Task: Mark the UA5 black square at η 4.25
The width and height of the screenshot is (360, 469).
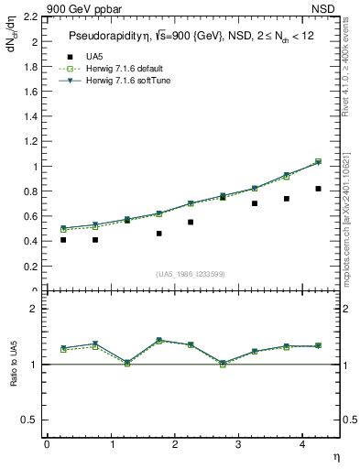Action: click(318, 189)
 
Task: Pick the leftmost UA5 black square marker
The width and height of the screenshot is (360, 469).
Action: click(63, 240)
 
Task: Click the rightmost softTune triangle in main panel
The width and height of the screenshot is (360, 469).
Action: click(318, 162)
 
